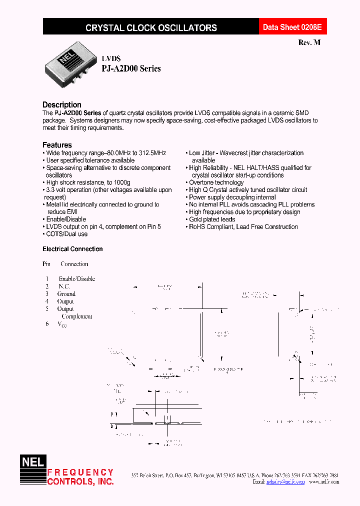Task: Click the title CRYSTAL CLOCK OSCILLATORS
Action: (151, 28)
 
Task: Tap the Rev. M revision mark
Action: (309, 42)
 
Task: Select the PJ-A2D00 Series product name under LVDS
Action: (131, 68)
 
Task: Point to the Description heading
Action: (62, 104)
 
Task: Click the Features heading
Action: (57, 145)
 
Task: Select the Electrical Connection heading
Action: (72, 249)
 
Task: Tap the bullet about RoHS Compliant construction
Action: (243, 226)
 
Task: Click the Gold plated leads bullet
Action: (212, 219)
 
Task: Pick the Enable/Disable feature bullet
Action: (66, 219)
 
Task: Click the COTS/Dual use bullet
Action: (67, 234)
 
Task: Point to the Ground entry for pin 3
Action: (66, 294)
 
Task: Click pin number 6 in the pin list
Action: (47, 324)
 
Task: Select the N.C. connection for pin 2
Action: (64, 286)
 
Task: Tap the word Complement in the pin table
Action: (77, 316)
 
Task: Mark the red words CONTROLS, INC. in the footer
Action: (80, 481)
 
